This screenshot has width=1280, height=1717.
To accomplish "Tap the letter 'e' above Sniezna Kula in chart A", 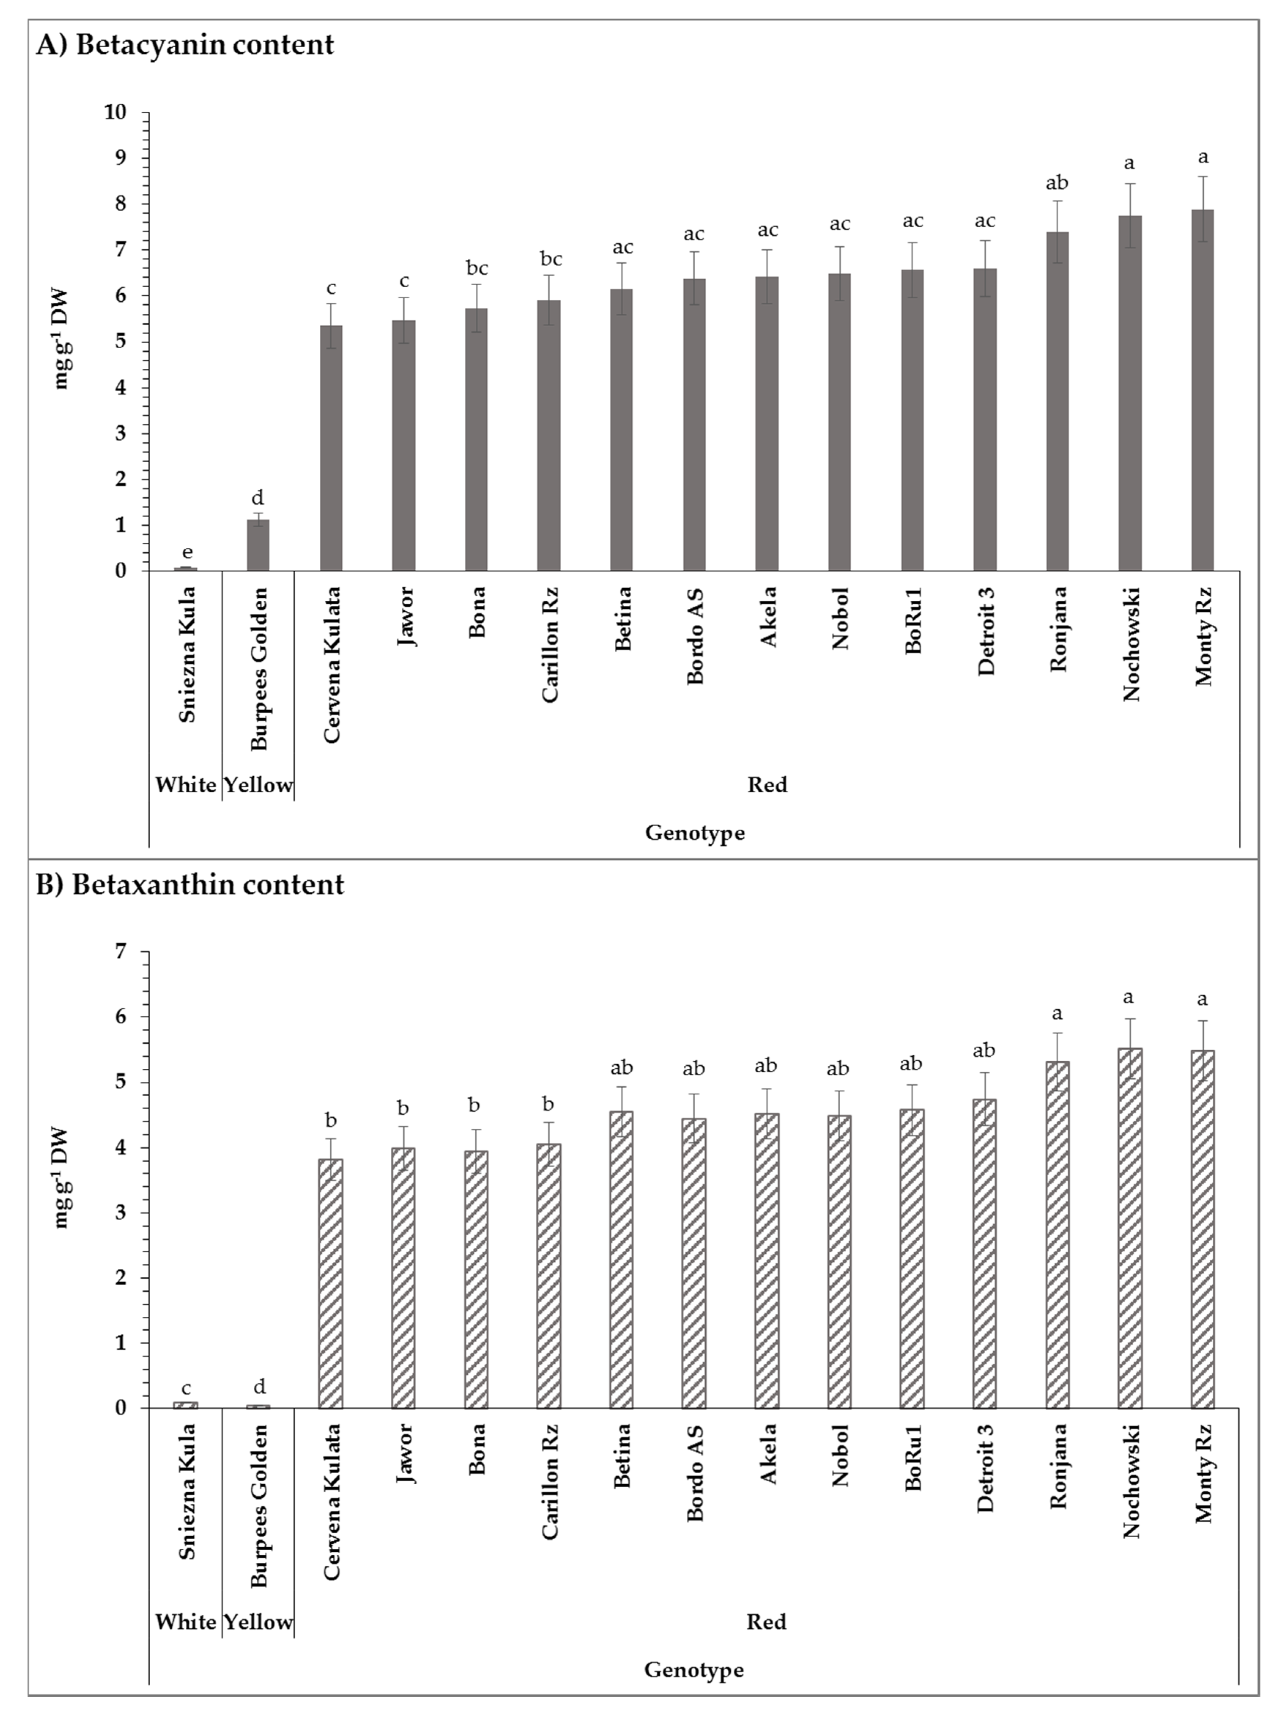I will (187, 552).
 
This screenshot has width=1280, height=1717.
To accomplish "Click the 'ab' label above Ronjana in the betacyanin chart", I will (1057, 183).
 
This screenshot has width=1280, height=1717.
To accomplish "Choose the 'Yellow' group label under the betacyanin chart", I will (258, 785).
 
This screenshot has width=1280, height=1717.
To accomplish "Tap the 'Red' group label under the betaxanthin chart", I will (766, 1622).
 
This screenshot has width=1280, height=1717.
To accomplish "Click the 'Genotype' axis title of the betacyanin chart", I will (694, 833).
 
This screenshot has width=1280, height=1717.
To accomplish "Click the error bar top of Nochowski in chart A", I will (1130, 184).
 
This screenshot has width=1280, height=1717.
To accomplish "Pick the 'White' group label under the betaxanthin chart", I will (185, 1622).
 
